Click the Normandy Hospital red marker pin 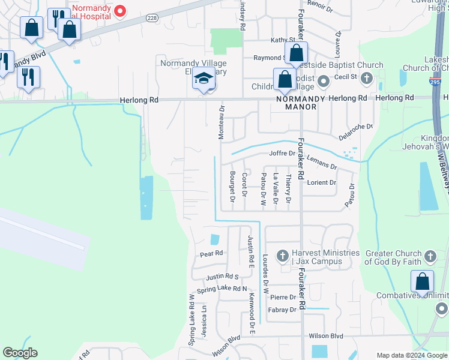(120, 11)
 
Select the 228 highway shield (151, 19)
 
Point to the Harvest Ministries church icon (283, 256)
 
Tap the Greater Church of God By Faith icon (429, 257)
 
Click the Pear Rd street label (211, 254)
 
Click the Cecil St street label (345, 77)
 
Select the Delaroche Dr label (356, 131)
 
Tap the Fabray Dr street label (283, 310)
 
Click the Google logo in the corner (20, 353)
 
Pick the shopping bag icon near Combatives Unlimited (423, 282)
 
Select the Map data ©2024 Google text (411, 355)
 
